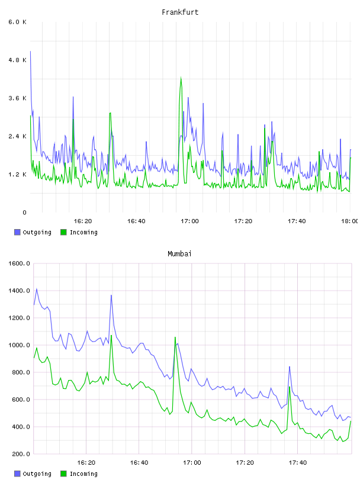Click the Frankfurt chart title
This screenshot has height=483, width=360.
180,12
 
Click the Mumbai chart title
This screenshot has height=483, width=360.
179,254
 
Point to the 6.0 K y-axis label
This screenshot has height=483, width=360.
17,22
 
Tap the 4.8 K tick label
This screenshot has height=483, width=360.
17,60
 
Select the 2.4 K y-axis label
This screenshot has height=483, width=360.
17,136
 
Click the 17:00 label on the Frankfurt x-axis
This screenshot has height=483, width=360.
189,221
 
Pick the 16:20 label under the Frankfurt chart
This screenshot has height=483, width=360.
83,221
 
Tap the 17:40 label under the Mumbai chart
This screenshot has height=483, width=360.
298,462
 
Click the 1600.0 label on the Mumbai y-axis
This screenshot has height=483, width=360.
19,263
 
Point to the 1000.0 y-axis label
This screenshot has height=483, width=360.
19,345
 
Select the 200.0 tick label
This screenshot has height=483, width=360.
21,454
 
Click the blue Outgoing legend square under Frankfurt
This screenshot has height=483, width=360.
17,232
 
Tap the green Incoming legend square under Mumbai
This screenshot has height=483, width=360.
63,474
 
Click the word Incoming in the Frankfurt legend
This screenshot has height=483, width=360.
83,232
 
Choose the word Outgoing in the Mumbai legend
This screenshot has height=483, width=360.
37,474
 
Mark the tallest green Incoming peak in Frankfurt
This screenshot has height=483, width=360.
181,78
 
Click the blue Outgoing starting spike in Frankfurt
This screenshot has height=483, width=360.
31,51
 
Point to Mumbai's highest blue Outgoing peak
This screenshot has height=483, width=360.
37,289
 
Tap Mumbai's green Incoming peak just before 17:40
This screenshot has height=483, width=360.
290,387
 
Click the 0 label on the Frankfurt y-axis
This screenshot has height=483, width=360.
25,212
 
